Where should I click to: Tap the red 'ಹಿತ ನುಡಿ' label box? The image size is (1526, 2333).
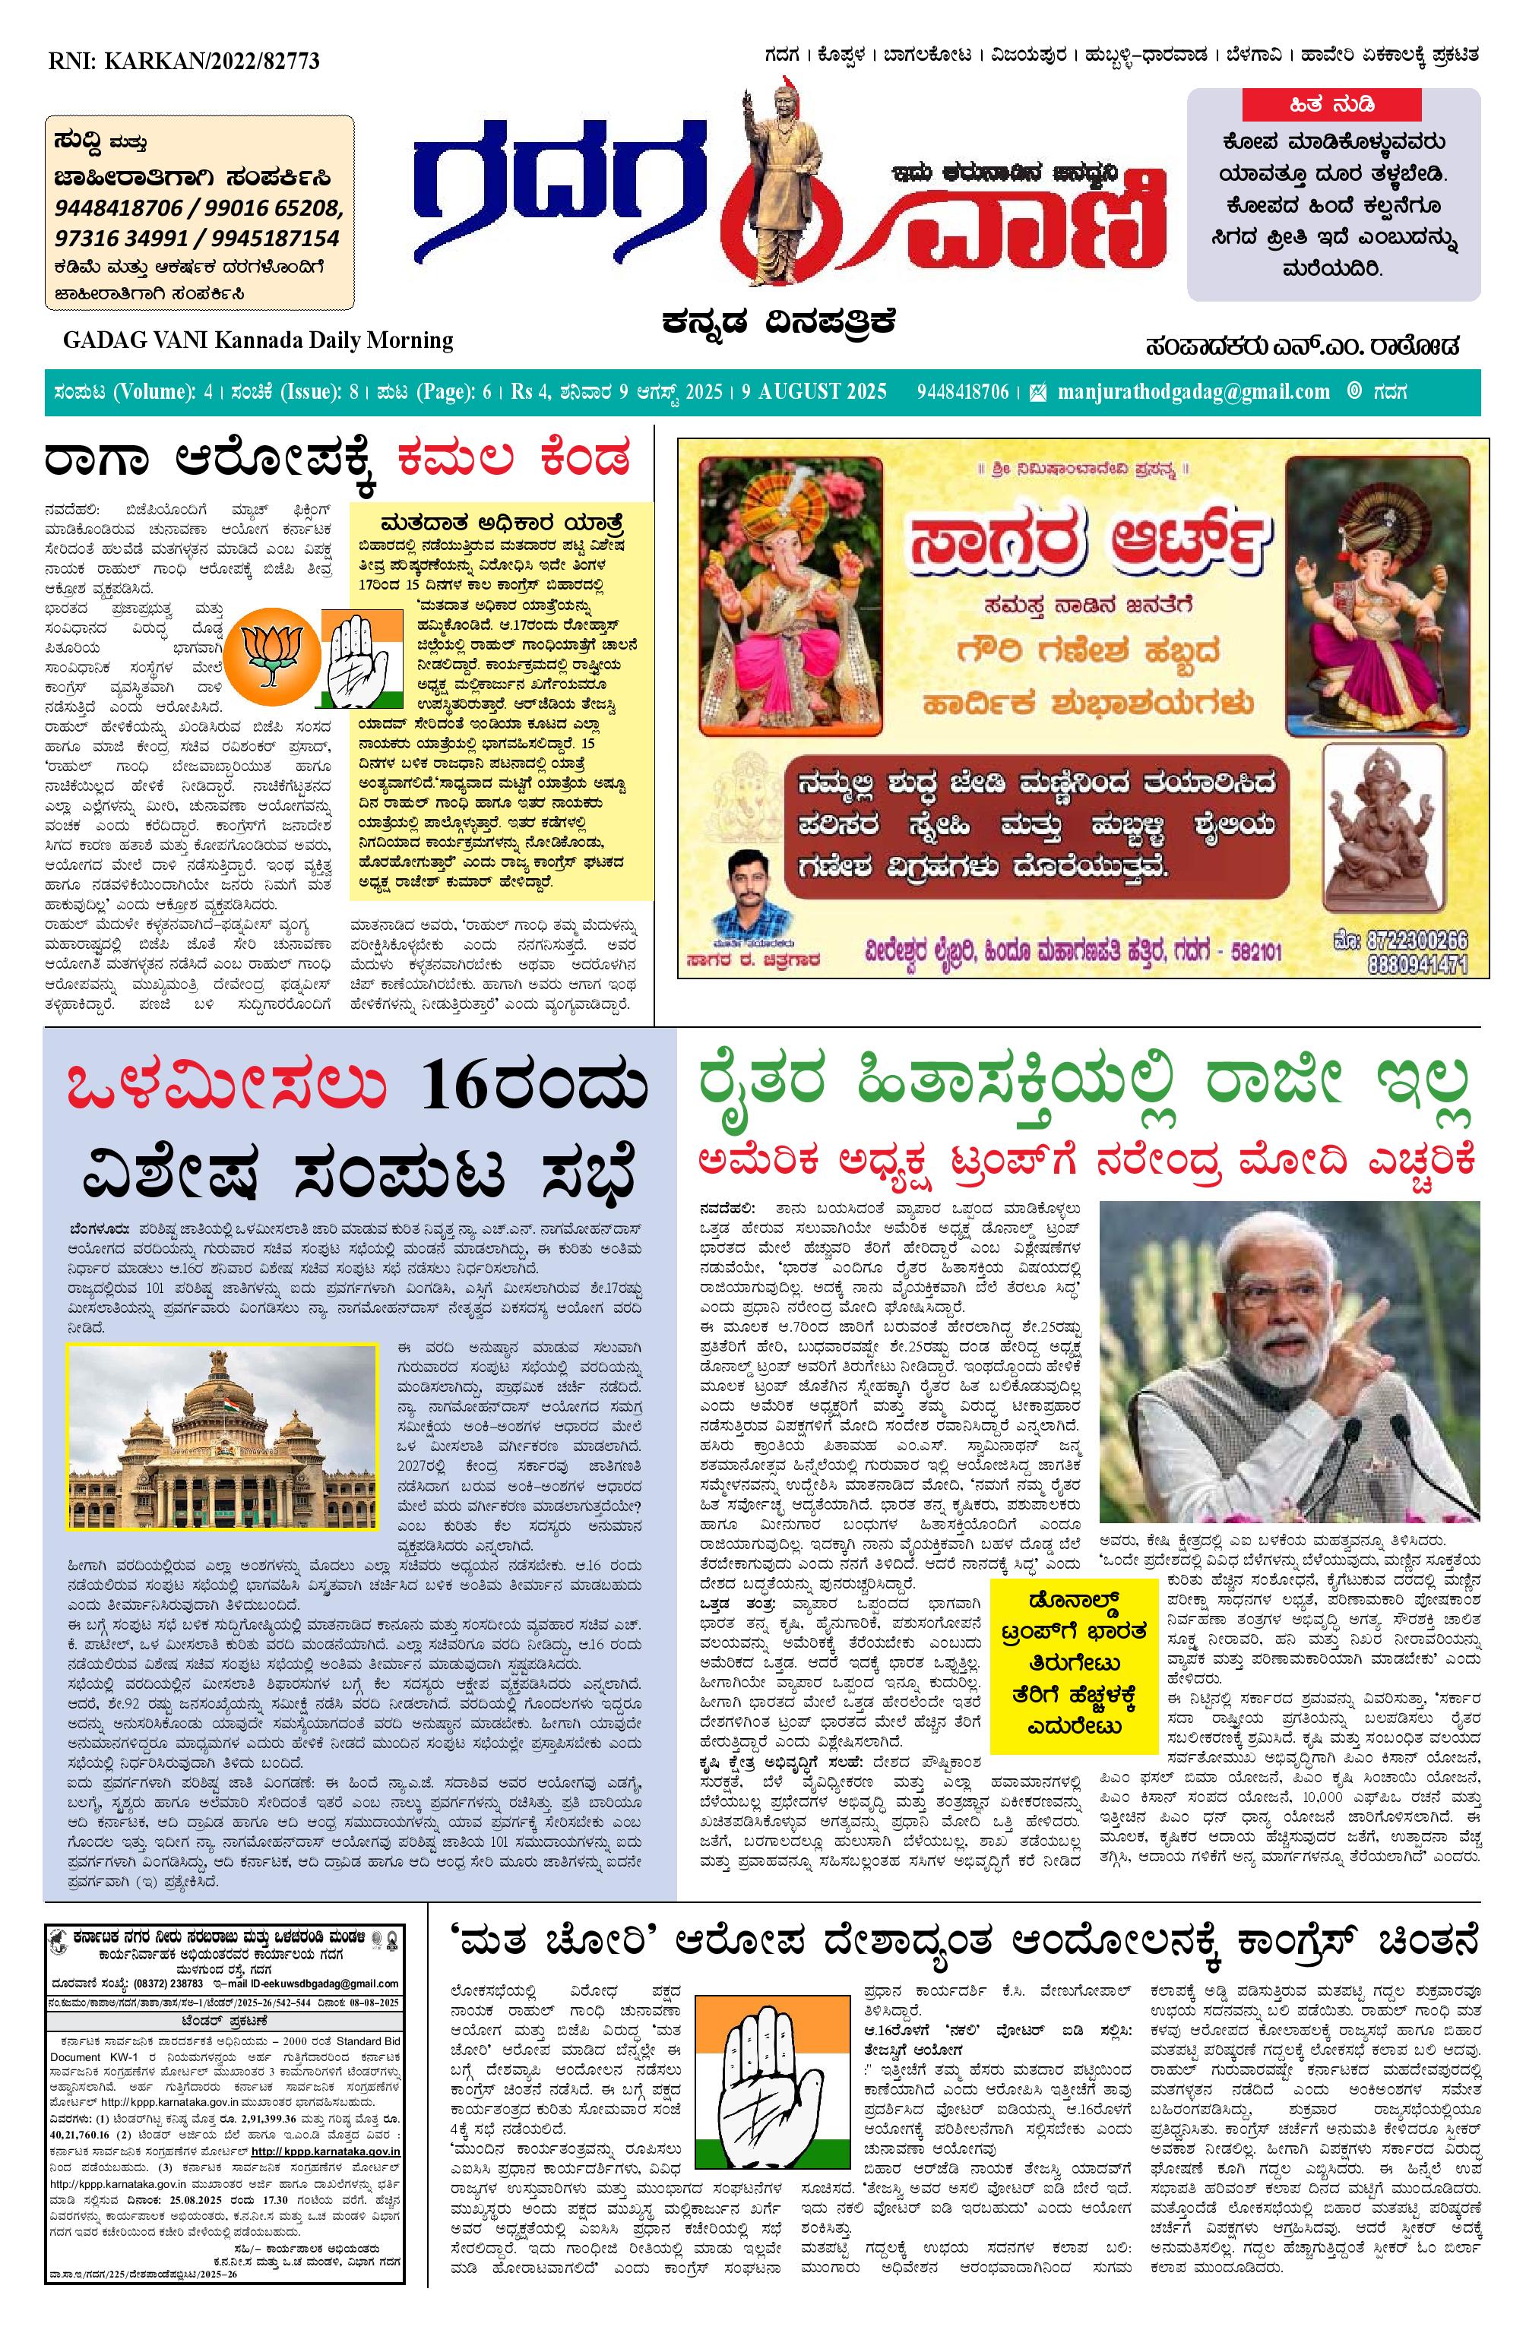[1331, 104]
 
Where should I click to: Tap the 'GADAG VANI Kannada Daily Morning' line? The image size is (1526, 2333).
[258, 340]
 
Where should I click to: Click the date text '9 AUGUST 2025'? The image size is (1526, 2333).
[813, 392]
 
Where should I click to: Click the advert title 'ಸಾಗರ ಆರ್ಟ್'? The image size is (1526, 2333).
[1088, 546]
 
